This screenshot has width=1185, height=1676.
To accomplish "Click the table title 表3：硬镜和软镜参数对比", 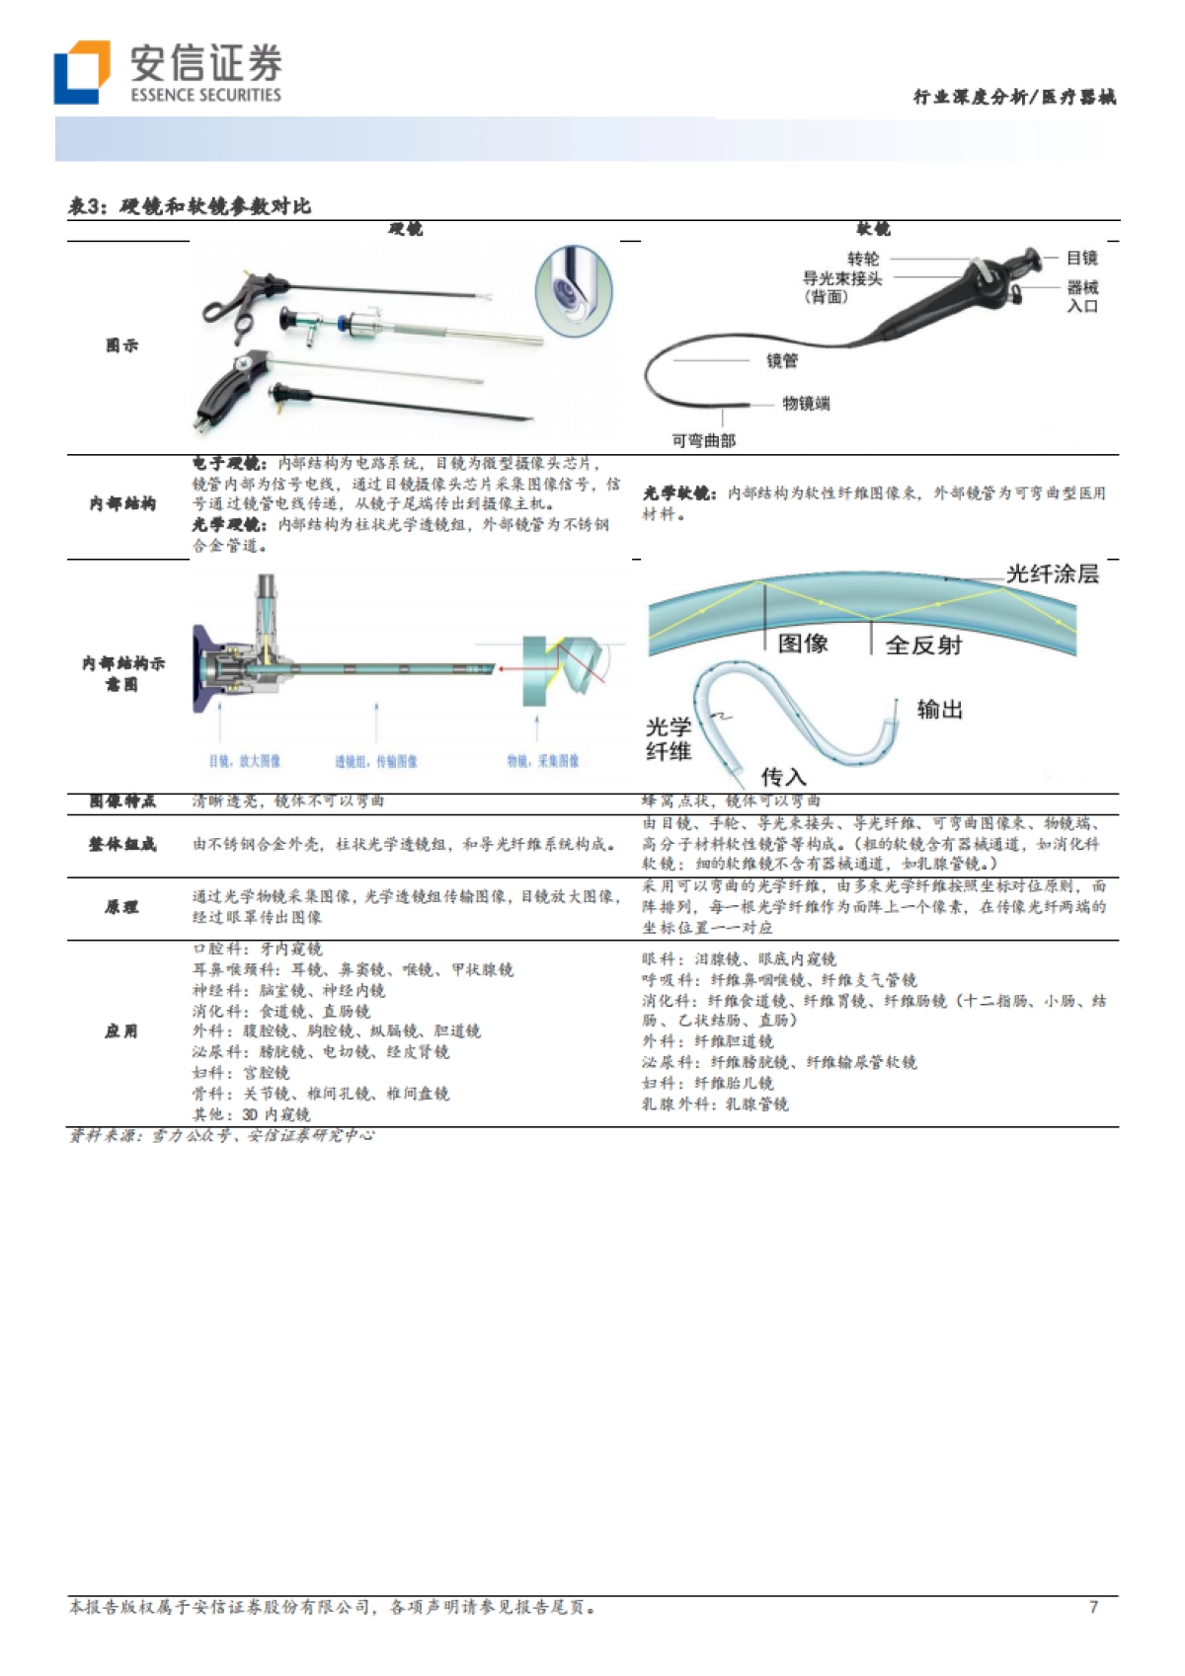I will (x=190, y=205).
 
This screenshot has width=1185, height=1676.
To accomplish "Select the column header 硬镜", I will (x=405, y=229).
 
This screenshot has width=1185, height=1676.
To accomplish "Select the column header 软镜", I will (x=873, y=229).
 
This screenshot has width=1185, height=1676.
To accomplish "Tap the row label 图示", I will (x=122, y=345).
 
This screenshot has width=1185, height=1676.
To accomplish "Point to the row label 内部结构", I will (x=122, y=503).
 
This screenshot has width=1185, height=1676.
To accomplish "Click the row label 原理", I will (x=122, y=906).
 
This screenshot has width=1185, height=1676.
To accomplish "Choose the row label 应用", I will (x=122, y=1031).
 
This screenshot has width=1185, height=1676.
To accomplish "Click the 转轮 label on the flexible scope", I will (x=862, y=259).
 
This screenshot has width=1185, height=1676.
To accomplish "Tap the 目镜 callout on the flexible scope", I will (x=1082, y=258).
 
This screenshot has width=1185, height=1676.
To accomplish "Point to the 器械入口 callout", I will (x=1082, y=296).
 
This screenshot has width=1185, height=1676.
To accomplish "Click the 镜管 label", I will (x=782, y=361).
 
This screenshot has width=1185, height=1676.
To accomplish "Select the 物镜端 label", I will (x=807, y=404).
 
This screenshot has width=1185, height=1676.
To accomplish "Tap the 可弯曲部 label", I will (x=704, y=440).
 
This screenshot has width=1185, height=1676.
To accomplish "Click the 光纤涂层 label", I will (x=1052, y=573).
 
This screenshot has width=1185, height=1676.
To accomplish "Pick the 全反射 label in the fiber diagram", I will (x=923, y=645).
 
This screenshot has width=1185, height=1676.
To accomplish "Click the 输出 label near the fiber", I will (x=939, y=709).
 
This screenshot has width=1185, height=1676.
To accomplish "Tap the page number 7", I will (x=1093, y=1606).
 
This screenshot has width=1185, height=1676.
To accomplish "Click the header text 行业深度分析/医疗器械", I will (x=1014, y=97).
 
